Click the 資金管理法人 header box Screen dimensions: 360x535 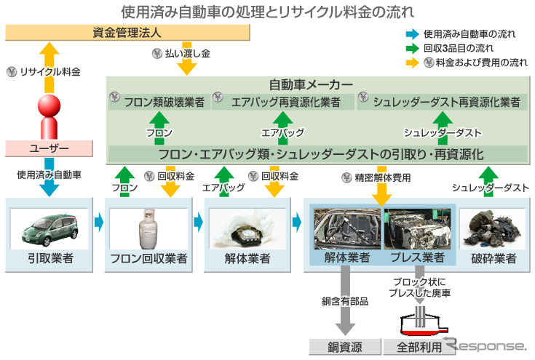coord(128,33)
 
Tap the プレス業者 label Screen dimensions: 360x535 coord(418,257)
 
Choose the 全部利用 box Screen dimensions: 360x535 coord(419,347)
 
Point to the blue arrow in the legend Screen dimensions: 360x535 coord(412,33)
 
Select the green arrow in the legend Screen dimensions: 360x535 coord(412,48)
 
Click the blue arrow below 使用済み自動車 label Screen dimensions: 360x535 coord(49,186)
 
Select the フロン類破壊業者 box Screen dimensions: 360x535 coord(159,102)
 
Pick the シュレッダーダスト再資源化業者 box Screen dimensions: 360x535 coord(441,102)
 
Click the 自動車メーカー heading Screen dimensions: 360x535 coord(316,85)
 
